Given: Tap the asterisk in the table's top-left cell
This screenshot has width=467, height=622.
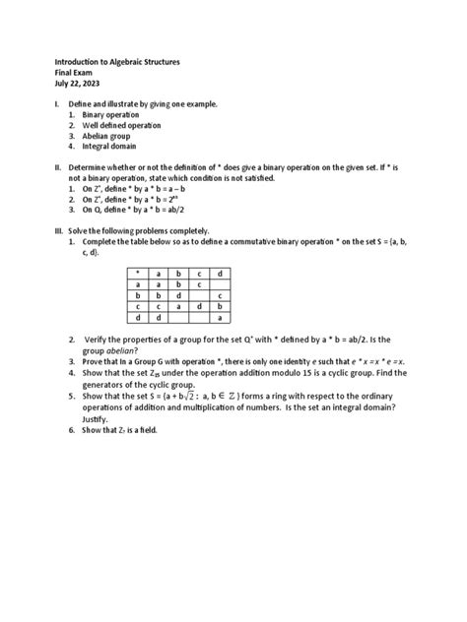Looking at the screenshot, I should pos(139,272).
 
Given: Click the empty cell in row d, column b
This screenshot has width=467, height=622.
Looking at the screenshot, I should pos(178,317).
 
